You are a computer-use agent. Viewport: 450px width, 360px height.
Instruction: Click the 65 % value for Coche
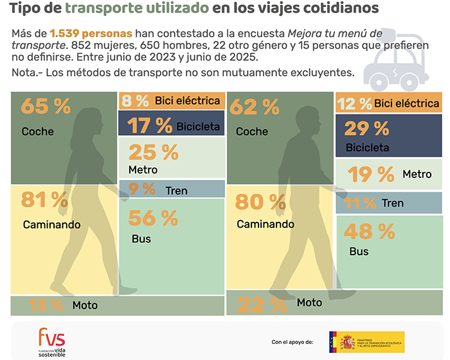[x=46, y=107]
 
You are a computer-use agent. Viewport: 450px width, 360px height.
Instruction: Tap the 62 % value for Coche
[x=254, y=107]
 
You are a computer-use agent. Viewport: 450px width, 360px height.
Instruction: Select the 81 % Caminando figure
[x=46, y=201]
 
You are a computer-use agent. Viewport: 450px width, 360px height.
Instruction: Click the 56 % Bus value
[x=153, y=219]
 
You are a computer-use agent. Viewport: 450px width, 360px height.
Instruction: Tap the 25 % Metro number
[x=153, y=152]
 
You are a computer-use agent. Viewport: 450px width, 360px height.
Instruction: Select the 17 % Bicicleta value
[x=150, y=125]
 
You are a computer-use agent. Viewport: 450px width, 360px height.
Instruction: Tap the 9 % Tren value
[x=141, y=189]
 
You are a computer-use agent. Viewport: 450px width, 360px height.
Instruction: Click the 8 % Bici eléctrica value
[x=136, y=100]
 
